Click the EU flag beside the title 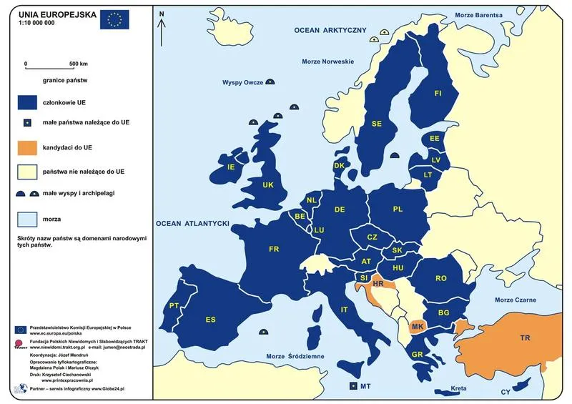tap(114, 19)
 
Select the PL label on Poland tap(398, 210)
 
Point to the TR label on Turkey tap(525, 337)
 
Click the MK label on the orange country tap(418, 327)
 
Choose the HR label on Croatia tap(378, 284)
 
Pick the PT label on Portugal tap(174, 306)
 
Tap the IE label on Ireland tap(231, 167)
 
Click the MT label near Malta tap(365, 386)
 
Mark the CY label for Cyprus tap(506, 392)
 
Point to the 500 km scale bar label tap(78, 64)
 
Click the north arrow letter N tap(162, 14)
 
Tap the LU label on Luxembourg tap(319, 230)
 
